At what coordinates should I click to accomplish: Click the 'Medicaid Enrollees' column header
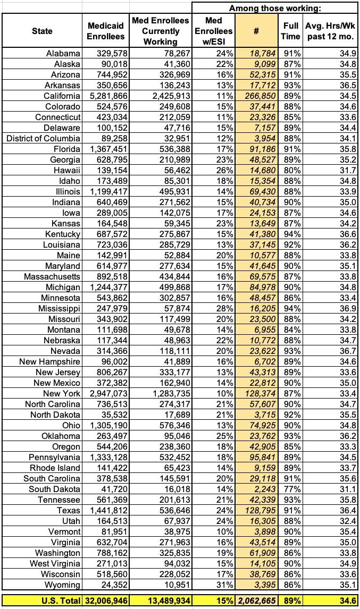(106, 31)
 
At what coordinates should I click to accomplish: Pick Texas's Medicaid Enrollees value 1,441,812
(106, 510)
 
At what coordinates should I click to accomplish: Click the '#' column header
(256, 31)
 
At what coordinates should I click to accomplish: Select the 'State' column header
(42, 31)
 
